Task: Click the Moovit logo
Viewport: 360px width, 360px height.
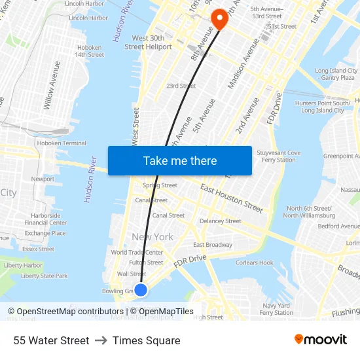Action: (x=320, y=340)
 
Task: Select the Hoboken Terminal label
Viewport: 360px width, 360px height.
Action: (x=62, y=143)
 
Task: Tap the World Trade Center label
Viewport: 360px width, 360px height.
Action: (x=137, y=253)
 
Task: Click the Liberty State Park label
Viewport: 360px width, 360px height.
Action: (x=44, y=276)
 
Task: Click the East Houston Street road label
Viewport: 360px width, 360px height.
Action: (x=232, y=198)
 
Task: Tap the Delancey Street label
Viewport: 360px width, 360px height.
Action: (x=220, y=221)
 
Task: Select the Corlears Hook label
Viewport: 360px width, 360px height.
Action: (x=254, y=263)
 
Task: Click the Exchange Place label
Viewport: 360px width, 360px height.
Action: (x=45, y=233)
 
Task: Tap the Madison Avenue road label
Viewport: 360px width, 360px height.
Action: (x=243, y=64)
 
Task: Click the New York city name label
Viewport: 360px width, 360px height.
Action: (x=153, y=237)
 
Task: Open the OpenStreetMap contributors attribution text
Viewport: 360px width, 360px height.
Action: (x=65, y=312)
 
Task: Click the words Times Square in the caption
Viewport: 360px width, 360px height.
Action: (x=146, y=340)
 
